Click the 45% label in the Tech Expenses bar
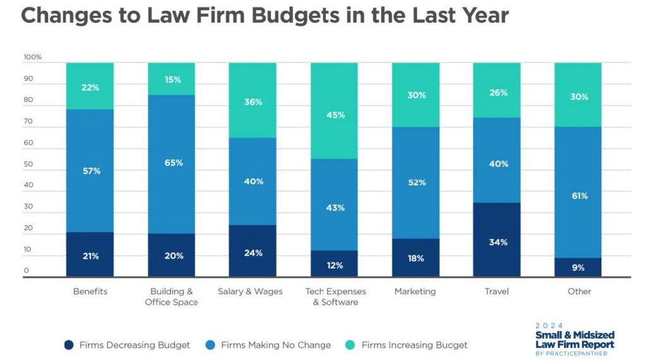335,114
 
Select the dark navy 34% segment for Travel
497,240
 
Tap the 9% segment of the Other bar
578,267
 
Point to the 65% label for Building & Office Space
172,163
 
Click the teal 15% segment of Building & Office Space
172,80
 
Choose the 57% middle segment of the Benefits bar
90,171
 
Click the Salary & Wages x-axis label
250,292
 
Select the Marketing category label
415,292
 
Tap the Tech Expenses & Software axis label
335,297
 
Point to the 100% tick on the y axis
32,57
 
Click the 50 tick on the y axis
28,164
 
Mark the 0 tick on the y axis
26,271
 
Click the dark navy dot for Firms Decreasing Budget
69,345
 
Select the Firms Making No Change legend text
276,345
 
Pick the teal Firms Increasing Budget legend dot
351,345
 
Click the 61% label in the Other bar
578,196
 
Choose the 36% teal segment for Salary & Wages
253,102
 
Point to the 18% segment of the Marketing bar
416,258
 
